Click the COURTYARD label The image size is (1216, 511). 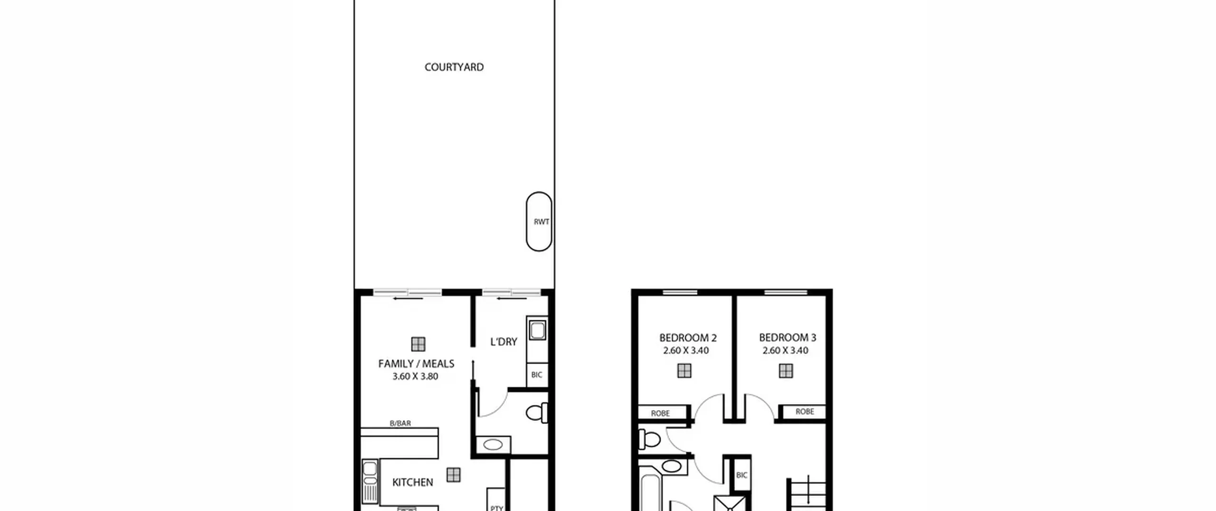454,67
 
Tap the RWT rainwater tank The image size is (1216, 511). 539,222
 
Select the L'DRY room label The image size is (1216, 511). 503,341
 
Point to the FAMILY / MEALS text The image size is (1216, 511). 416,364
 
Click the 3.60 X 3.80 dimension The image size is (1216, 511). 415,376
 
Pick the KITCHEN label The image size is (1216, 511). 413,482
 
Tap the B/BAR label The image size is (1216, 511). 400,423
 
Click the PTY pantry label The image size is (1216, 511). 496,508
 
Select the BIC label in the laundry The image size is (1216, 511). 537,375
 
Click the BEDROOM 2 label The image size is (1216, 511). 688,338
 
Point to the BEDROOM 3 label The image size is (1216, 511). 788,337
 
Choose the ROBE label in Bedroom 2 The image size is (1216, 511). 660,414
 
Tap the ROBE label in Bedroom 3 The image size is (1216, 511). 805,412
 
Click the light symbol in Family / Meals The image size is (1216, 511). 418,344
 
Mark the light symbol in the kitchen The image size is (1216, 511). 454,474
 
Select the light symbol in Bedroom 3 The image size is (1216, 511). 786,371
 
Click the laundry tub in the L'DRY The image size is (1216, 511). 537,330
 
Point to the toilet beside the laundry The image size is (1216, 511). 537,413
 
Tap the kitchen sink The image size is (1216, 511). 370,481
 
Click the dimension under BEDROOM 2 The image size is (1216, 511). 686,351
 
